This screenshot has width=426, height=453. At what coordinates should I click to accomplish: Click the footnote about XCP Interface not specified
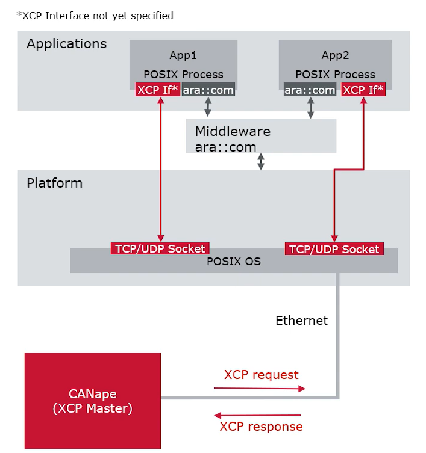pyautogui.click(x=95, y=16)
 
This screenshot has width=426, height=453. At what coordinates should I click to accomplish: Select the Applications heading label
pyautogui.click(x=66, y=44)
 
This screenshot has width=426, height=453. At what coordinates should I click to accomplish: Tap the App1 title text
pyautogui.click(x=183, y=55)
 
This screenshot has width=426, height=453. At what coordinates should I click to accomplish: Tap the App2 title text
pyautogui.click(x=335, y=55)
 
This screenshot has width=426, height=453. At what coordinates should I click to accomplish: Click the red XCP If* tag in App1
pyautogui.click(x=157, y=90)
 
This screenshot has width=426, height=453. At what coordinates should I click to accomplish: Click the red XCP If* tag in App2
pyautogui.click(x=363, y=90)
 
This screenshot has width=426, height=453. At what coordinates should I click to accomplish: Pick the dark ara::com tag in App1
pyautogui.click(x=208, y=90)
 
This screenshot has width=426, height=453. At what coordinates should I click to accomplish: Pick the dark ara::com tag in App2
pyautogui.click(x=310, y=90)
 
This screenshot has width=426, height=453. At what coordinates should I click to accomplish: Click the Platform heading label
pyautogui.click(x=54, y=183)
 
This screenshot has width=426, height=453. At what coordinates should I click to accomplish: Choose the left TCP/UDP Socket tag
pyautogui.click(x=160, y=248)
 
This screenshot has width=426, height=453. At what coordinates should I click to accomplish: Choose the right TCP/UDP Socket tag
pyautogui.click(x=334, y=249)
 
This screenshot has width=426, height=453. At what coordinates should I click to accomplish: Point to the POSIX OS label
pyautogui.click(x=234, y=262)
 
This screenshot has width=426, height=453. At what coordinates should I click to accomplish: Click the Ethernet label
pyautogui.click(x=301, y=321)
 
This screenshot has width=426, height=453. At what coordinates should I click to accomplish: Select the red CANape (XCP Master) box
pyautogui.click(x=93, y=401)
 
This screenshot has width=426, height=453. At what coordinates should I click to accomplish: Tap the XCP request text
pyautogui.click(x=261, y=375)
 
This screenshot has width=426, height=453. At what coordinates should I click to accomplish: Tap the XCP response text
pyautogui.click(x=261, y=427)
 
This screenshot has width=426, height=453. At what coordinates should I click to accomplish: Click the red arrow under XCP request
pyautogui.click(x=260, y=389)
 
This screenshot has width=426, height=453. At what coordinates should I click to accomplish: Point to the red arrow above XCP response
pyautogui.click(x=258, y=415)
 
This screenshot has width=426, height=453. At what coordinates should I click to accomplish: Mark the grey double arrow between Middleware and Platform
pyautogui.click(x=261, y=161)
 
